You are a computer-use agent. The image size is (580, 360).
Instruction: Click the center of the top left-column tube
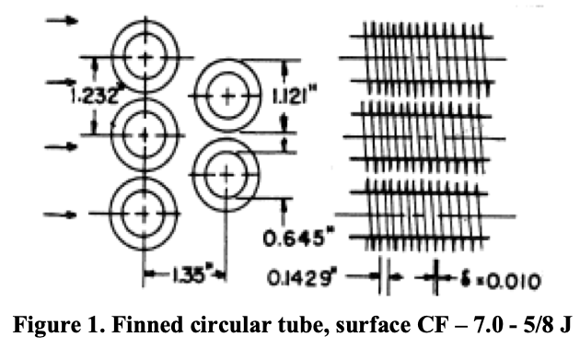[144, 56]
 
